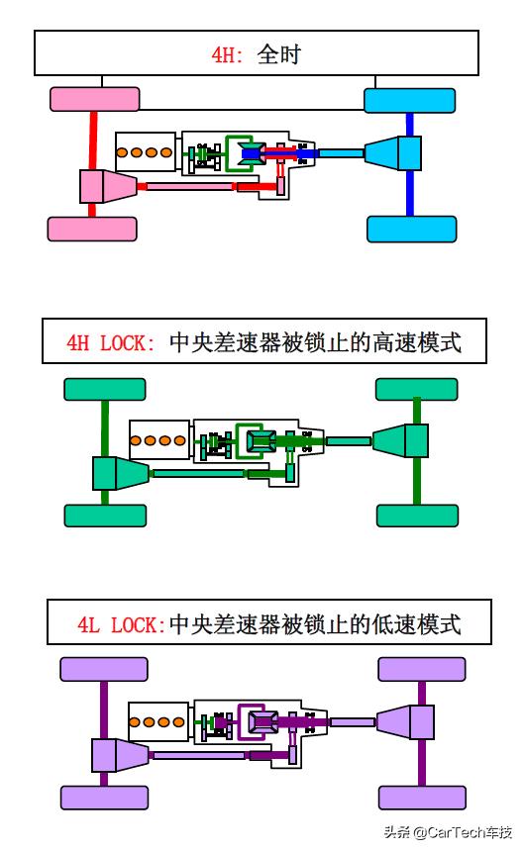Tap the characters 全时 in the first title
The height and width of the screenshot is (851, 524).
point(278,53)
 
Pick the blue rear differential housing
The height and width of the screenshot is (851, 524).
point(391,153)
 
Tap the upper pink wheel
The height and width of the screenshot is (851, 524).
point(94,99)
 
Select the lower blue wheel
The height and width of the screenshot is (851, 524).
point(411,229)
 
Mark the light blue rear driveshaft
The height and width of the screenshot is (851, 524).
point(341,153)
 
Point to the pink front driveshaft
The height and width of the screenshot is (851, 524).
point(188,186)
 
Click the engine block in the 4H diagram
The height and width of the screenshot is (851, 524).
point(145,151)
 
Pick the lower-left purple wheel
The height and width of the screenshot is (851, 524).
point(104,798)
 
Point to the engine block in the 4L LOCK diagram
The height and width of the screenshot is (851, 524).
point(158,721)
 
